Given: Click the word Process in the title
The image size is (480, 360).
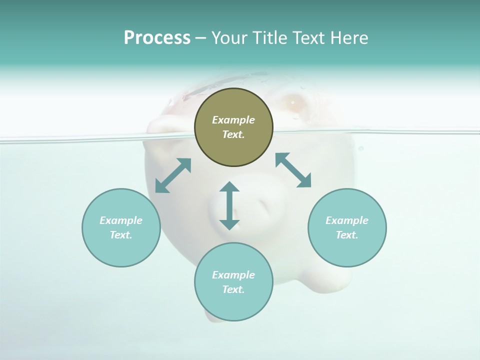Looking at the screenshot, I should pos(157,38).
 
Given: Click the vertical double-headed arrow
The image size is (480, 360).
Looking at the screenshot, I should pos(229,205).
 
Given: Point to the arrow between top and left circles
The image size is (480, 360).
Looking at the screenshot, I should pos(173,175).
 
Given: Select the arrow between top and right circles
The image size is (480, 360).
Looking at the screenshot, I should pos(293,170).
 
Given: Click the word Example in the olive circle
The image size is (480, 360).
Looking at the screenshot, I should pos(233,120).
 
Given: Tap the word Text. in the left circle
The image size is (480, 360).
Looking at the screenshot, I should pos(121,235).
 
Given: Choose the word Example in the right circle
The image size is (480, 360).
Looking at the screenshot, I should pos(347,220).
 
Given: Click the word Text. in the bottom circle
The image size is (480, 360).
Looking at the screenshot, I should pos(233,289).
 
